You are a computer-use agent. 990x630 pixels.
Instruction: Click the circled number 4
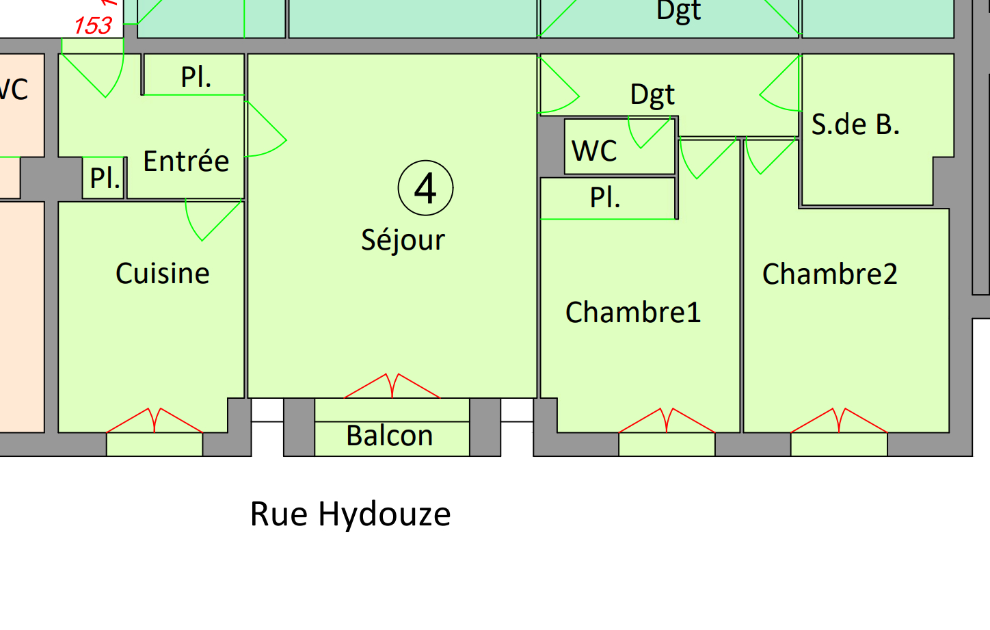(x=425, y=188)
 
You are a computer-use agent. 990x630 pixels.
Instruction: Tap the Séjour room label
(x=403, y=240)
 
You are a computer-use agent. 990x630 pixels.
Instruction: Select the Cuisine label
(x=163, y=274)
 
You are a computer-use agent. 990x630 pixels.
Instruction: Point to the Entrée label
(x=186, y=161)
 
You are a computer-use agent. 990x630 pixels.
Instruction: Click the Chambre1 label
(x=633, y=313)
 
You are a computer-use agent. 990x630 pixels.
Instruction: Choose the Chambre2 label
(x=829, y=274)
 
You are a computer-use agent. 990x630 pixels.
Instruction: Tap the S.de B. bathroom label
(x=855, y=124)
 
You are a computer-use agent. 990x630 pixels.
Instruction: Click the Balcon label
(x=390, y=436)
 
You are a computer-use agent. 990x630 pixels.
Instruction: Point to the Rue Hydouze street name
(x=350, y=514)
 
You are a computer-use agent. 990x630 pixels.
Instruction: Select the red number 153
(x=93, y=26)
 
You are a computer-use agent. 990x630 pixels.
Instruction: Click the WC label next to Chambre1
(x=594, y=151)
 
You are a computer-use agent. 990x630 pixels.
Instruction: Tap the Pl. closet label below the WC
(x=605, y=198)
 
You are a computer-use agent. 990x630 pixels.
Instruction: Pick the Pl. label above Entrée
(x=196, y=77)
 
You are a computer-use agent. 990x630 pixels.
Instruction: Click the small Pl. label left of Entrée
(x=105, y=179)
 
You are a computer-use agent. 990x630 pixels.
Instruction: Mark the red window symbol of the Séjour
(x=392, y=386)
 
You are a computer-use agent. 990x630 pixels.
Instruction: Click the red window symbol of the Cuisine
(x=155, y=421)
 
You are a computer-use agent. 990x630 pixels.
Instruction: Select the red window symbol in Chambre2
(x=839, y=421)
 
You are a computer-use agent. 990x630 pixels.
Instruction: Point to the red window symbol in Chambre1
(x=667, y=421)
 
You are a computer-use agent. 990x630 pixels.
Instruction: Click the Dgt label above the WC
(x=652, y=95)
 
